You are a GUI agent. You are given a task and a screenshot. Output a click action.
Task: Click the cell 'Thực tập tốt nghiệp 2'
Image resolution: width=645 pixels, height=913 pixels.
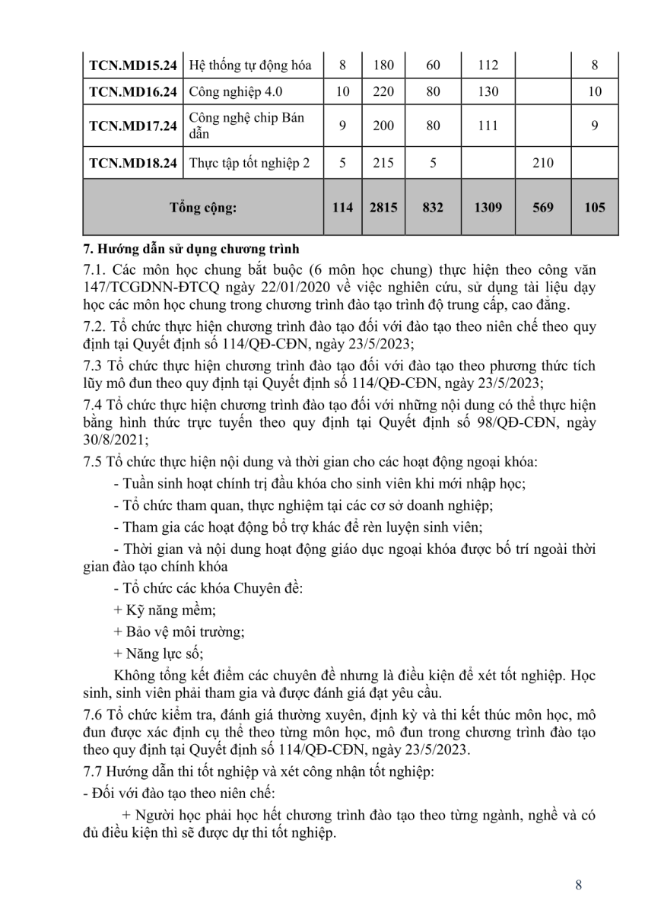[249, 162]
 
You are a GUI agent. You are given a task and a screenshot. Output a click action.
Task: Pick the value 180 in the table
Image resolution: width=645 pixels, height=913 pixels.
[383, 65]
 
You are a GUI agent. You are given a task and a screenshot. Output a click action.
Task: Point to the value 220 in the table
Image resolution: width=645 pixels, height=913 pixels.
[383, 93]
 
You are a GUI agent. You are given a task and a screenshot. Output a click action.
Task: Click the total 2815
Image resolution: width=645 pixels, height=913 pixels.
[383, 207]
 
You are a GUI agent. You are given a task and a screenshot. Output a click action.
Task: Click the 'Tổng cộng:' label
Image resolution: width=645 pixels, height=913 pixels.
[203, 207]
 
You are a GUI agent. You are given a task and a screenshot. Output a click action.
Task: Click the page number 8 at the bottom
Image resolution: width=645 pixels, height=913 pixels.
[580, 884]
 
